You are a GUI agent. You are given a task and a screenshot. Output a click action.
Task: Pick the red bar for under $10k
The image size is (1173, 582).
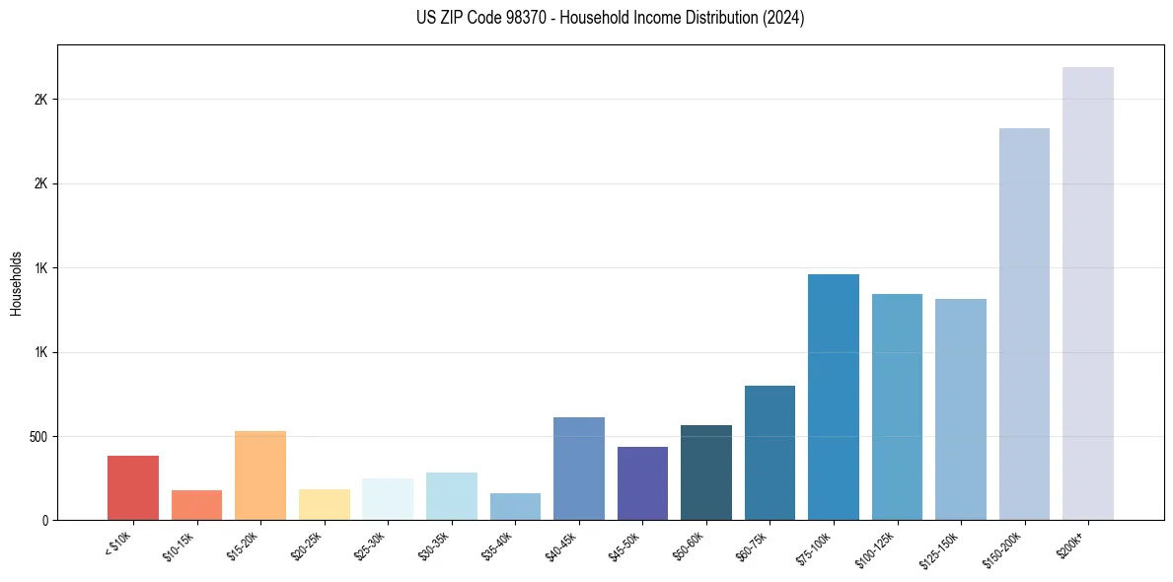(x=133, y=487)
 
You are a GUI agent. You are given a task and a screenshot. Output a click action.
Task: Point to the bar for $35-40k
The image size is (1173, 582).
(x=515, y=506)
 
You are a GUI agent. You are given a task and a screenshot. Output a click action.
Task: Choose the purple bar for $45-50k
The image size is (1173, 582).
(x=642, y=483)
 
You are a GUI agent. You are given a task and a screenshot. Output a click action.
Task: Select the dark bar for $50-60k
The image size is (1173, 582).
(x=706, y=473)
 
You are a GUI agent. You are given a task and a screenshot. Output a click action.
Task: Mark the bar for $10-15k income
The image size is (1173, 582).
(x=196, y=505)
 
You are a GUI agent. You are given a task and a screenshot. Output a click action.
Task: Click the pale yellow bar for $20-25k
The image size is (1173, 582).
(x=324, y=504)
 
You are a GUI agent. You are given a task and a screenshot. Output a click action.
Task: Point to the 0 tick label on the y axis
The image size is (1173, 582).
(x=44, y=520)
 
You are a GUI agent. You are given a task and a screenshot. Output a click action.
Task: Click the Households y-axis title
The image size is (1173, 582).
(x=17, y=282)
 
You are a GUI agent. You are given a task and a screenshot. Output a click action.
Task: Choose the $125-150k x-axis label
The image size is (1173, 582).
(x=939, y=548)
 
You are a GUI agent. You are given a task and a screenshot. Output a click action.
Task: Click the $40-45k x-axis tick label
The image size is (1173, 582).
(x=560, y=546)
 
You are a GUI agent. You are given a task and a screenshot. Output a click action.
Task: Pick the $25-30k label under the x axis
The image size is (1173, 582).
(x=370, y=546)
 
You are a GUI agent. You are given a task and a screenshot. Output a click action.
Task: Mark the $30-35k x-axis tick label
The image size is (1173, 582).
(x=433, y=546)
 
